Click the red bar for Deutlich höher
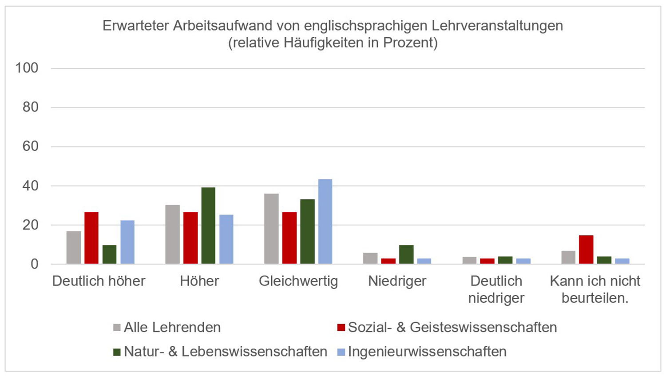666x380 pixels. point(91,238)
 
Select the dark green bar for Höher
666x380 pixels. point(208,226)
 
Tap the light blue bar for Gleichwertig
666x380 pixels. point(325,222)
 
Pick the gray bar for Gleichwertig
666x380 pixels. point(271,229)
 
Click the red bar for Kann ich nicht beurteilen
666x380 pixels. point(586,249)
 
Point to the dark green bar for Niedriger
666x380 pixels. point(406,254)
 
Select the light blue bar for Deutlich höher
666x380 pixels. point(127,242)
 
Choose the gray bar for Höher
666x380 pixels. point(172,234)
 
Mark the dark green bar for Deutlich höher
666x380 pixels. point(109,254)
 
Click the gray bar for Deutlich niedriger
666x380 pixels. point(469,261)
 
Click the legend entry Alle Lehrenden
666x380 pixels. point(172,328)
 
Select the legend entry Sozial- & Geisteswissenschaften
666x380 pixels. point(452,328)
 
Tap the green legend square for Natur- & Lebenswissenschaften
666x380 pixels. point(117,352)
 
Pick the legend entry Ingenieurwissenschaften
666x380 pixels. point(427,352)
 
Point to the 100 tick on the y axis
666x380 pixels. point(27,68)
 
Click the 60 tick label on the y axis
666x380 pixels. point(30,146)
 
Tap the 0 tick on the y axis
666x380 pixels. point(34,264)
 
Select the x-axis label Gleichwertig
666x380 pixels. point(298,281)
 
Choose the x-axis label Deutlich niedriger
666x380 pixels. point(496,289)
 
